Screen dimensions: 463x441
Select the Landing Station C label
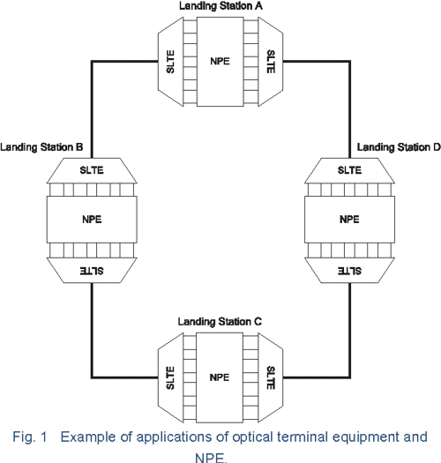(x=220, y=322)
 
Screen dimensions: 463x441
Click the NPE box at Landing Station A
(x=220, y=61)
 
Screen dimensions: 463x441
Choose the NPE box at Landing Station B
(x=91, y=219)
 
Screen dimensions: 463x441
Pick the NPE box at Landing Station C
(x=220, y=377)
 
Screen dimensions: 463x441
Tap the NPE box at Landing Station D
(x=349, y=219)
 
